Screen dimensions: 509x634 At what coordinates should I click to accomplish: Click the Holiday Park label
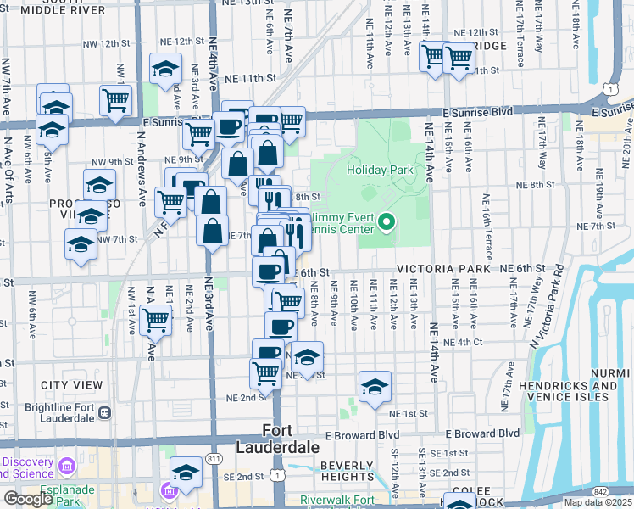[381, 170]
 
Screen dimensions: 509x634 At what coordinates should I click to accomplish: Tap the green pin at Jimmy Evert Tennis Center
[387, 224]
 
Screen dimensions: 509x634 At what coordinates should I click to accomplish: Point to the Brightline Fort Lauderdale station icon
[105, 413]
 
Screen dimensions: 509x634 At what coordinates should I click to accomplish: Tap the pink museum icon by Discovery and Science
[66, 467]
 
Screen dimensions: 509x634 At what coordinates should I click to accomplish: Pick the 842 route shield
[622, 491]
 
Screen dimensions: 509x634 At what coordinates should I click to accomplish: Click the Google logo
[28, 499]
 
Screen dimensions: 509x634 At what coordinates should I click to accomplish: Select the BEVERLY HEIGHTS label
[347, 472]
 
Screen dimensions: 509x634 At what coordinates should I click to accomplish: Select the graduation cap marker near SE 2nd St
[186, 473]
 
